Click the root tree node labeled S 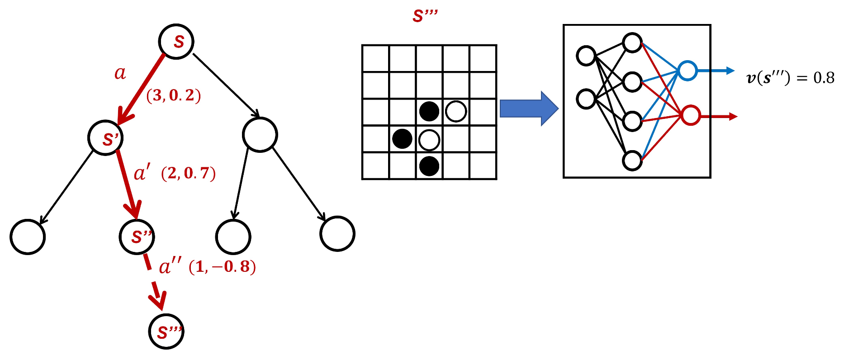(x=176, y=42)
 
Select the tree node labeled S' (x=105, y=138)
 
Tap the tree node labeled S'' (x=137, y=237)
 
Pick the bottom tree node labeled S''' (x=166, y=332)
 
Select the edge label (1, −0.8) (x=222, y=267)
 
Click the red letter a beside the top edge (x=120, y=73)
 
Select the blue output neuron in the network (x=687, y=71)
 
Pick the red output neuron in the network (x=691, y=116)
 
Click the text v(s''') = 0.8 (x=790, y=78)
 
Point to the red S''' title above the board (x=425, y=16)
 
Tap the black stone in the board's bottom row (x=429, y=166)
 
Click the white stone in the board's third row (x=456, y=111)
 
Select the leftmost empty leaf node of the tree (x=28, y=237)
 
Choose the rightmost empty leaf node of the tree (x=337, y=234)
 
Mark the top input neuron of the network (x=586, y=56)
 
